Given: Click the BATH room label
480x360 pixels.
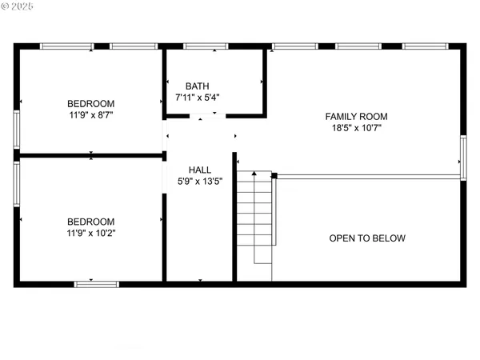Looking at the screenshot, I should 198,86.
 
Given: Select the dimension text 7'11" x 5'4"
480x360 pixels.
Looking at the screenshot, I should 198,98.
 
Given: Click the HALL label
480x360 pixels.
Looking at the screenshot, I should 200,170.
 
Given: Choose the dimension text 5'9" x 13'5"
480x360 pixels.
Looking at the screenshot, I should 200,182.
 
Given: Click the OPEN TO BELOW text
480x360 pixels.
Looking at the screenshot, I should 367,238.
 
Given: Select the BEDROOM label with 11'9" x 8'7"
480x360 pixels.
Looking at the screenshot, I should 90,103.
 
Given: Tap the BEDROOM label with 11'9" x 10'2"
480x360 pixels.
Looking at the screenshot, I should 90,222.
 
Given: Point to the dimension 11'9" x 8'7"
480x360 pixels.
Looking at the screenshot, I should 90,115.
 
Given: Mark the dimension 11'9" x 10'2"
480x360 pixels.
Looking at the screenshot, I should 90,234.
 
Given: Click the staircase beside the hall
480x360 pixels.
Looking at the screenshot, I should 255,216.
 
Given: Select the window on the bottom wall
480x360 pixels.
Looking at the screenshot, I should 97,283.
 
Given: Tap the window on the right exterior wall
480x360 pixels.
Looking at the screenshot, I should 462,157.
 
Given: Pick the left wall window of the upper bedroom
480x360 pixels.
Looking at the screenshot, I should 17,128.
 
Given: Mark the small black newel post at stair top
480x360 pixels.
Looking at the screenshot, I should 274,174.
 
